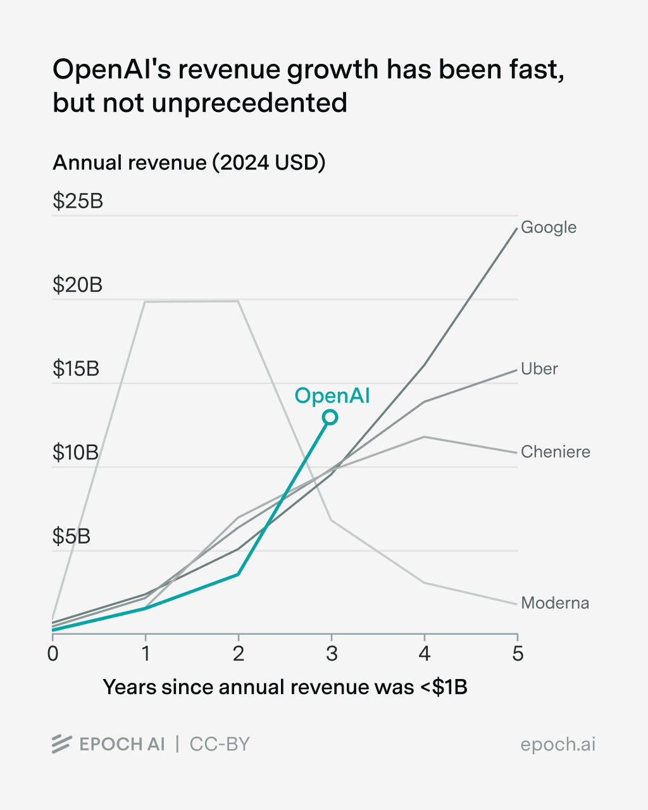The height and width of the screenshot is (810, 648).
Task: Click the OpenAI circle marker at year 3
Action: coord(330,418)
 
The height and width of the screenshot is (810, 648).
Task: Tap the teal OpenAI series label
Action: coord(332,396)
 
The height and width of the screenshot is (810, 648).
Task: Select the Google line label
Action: coord(549,228)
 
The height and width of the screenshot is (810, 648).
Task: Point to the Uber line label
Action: coord(539,369)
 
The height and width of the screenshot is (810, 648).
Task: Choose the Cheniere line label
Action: coord(556,452)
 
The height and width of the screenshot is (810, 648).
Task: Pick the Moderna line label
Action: coord(555,603)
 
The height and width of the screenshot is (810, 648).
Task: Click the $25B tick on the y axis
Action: coord(78,201)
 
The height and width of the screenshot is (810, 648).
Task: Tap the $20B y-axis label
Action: coord(78,285)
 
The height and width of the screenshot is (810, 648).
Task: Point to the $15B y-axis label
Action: coord(76,368)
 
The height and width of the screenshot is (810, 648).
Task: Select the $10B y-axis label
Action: coord(76,452)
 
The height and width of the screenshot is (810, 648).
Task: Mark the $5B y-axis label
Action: coord(72,536)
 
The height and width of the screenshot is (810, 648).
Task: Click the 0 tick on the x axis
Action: coord(53,654)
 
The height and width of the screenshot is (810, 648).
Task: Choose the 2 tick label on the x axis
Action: coord(239,654)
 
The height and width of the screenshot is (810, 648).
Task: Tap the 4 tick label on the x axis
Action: coord(425,654)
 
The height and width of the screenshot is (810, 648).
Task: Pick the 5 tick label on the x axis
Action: coord(518,654)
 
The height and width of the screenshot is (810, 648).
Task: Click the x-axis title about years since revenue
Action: coord(285,687)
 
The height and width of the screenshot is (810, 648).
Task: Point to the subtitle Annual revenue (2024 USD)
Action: coord(189,163)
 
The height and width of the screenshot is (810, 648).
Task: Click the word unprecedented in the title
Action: coord(249,103)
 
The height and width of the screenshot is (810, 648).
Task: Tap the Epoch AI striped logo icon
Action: coord(62,744)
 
